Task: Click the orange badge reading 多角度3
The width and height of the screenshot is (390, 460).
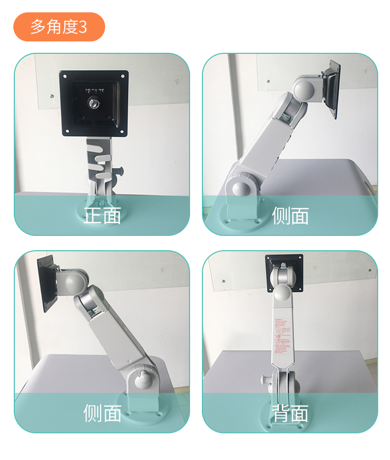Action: coord(59,27)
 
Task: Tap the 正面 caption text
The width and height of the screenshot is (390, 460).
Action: coord(102,216)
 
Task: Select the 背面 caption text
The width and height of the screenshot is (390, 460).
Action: coord(290,413)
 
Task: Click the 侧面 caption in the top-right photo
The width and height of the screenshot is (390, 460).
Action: coord(290,216)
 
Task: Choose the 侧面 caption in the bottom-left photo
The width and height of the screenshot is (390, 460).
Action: coord(102,413)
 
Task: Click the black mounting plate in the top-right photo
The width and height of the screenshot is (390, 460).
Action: coord(333,89)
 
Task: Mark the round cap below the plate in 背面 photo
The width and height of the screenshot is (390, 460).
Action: coord(283,293)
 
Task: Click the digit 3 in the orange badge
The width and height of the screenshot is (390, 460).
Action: coord(82,27)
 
